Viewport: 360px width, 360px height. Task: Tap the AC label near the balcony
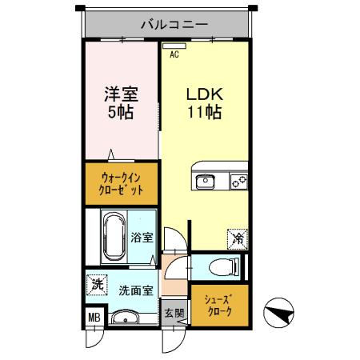coord(174,57)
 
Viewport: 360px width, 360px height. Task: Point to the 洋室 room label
coord(122,93)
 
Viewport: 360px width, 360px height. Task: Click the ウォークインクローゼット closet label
coord(122,185)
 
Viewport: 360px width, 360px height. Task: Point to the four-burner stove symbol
coord(237,182)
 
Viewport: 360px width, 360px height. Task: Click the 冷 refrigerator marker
coord(238,237)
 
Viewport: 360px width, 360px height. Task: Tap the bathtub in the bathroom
coord(113,236)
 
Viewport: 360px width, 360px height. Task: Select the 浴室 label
coord(142,238)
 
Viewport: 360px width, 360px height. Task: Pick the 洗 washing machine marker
coord(97,283)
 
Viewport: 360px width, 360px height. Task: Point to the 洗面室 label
coord(135,290)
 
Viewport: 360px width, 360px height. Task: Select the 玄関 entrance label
coord(174,313)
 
